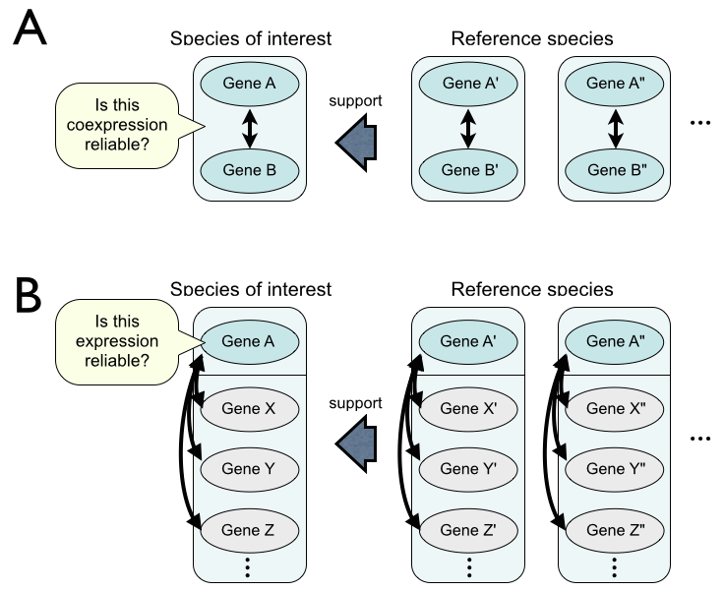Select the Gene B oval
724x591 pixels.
pyautogui.click(x=249, y=170)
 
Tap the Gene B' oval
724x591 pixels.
pyautogui.click(x=468, y=170)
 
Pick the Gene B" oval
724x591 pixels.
pyautogui.click(x=614, y=170)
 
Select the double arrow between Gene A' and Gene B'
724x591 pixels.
pyautogui.click(x=468, y=127)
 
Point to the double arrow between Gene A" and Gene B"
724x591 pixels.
pyautogui.click(x=614, y=127)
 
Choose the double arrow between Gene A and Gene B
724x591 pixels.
pyautogui.click(x=249, y=127)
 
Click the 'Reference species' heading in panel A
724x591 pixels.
pyautogui.click(x=532, y=39)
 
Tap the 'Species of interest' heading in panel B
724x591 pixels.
pyautogui.click(x=250, y=289)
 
